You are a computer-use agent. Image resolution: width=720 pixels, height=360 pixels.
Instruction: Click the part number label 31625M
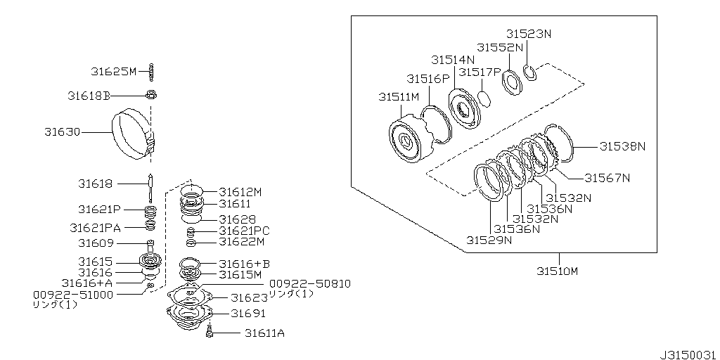[x=113, y=71]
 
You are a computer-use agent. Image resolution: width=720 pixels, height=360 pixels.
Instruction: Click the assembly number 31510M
[x=557, y=271]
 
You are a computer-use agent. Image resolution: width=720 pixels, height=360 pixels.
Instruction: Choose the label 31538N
[x=622, y=146]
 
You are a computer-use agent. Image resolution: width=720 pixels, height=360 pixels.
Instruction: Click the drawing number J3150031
[x=687, y=352]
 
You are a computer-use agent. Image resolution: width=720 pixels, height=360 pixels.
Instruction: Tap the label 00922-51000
[x=72, y=295]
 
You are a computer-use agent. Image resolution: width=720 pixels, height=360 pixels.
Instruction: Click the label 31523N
[x=529, y=33]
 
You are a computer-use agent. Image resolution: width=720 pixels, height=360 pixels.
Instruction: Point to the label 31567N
[x=607, y=178]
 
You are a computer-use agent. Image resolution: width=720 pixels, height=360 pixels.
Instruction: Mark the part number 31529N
[x=489, y=240]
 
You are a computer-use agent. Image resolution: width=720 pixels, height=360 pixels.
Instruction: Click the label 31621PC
[x=244, y=231]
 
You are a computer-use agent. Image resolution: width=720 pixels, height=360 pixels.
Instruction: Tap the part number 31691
[x=248, y=314]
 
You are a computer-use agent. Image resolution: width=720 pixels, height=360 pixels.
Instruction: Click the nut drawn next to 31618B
[x=152, y=96]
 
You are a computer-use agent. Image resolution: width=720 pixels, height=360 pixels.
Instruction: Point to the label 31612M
[x=240, y=191]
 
